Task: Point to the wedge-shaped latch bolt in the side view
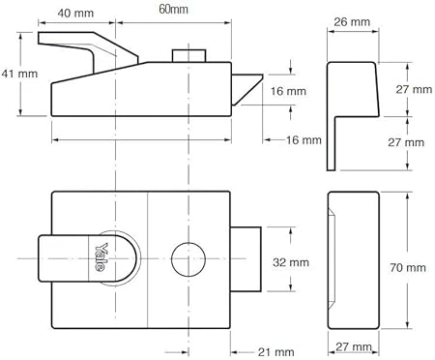[x=247, y=88]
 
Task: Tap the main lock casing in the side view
[x=145, y=93]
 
